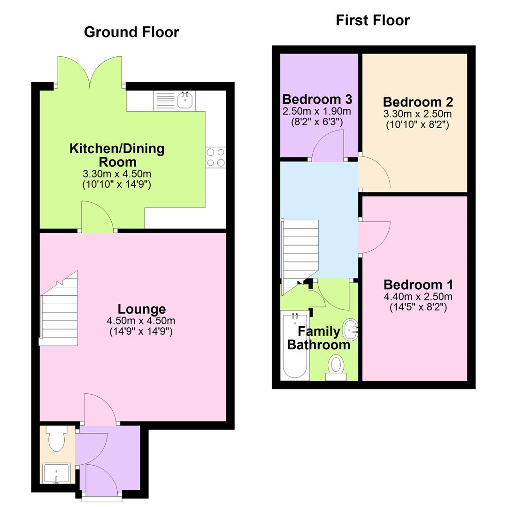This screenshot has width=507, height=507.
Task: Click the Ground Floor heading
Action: pyautogui.click(x=131, y=32)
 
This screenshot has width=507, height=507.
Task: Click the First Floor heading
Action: pyautogui.click(x=373, y=20)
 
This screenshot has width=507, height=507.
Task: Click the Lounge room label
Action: pyautogui.click(x=141, y=309)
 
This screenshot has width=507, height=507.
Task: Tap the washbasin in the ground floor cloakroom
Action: pyautogui.click(x=56, y=473)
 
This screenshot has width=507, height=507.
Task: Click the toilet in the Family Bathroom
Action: pyautogui.click(x=336, y=366)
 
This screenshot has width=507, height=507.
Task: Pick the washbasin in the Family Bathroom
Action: pyautogui.click(x=350, y=330)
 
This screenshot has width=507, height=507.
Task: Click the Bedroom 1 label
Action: pyautogui.click(x=418, y=284)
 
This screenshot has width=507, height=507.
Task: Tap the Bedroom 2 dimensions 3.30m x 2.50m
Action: pyautogui.click(x=417, y=114)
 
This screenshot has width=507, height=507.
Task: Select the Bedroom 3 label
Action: pyautogui.click(x=317, y=100)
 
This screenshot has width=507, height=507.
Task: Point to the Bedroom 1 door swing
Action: pyautogui.click(x=374, y=238)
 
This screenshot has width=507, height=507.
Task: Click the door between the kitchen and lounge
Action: pyautogui.click(x=98, y=217)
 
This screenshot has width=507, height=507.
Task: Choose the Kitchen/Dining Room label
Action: pyautogui.click(x=117, y=155)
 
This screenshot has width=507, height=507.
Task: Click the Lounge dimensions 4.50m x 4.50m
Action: pyautogui.click(x=141, y=321)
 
